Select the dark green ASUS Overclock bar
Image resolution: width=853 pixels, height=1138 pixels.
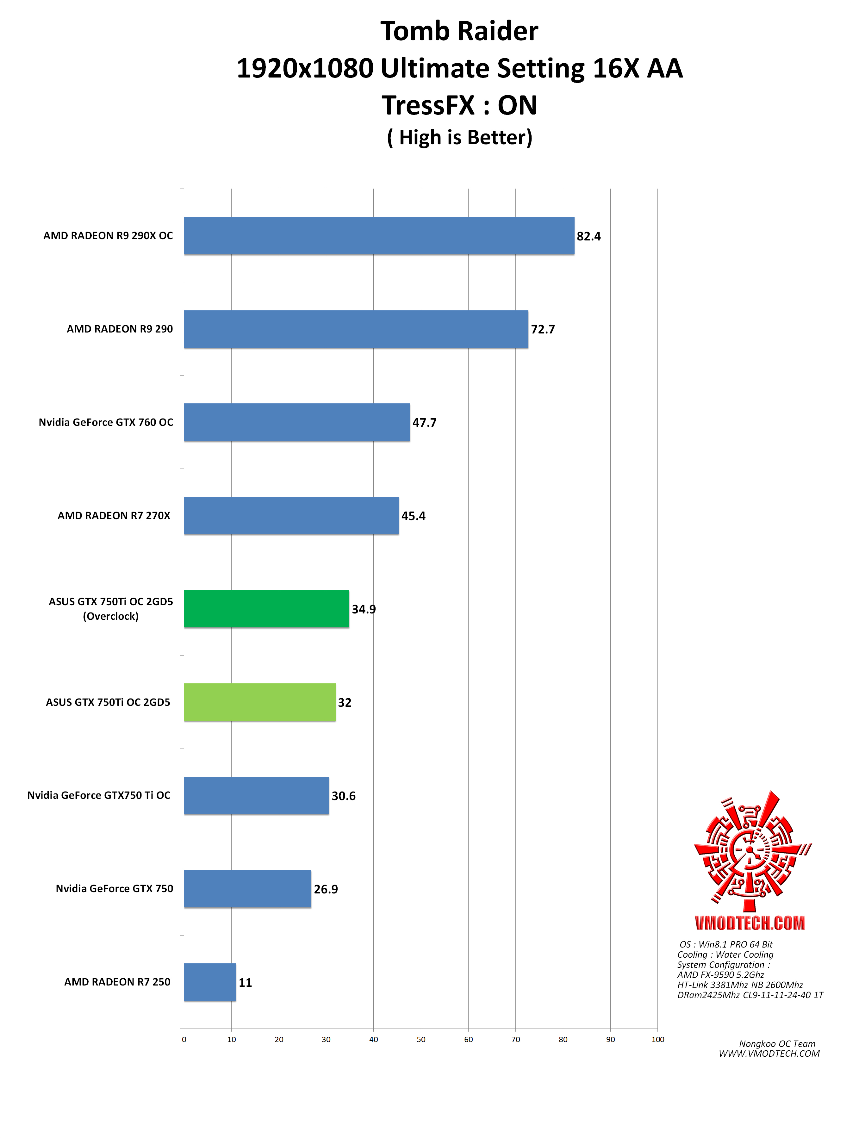point(266,609)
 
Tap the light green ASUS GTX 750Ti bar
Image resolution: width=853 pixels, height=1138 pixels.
point(259,702)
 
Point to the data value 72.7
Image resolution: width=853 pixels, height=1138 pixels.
point(543,329)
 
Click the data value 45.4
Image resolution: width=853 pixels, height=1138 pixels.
point(413,516)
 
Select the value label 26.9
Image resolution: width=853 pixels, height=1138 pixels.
point(326,890)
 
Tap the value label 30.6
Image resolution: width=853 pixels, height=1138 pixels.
point(343,796)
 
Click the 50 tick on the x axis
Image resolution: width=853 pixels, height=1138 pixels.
point(421,1040)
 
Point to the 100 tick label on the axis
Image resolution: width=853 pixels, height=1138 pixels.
point(657,1040)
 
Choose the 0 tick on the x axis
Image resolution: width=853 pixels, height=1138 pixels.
point(184,1040)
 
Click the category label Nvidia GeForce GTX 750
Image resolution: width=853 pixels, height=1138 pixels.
point(114,888)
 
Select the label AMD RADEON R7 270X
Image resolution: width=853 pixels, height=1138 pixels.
point(114,515)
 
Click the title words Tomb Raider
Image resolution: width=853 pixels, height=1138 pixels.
point(459,31)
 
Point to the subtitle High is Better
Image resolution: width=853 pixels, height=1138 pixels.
point(459,137)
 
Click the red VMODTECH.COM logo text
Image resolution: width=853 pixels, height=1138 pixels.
point(750,923)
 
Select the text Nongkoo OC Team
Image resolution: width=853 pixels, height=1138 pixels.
point(777,1044)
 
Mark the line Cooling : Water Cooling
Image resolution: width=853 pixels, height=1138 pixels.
point(725,954)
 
